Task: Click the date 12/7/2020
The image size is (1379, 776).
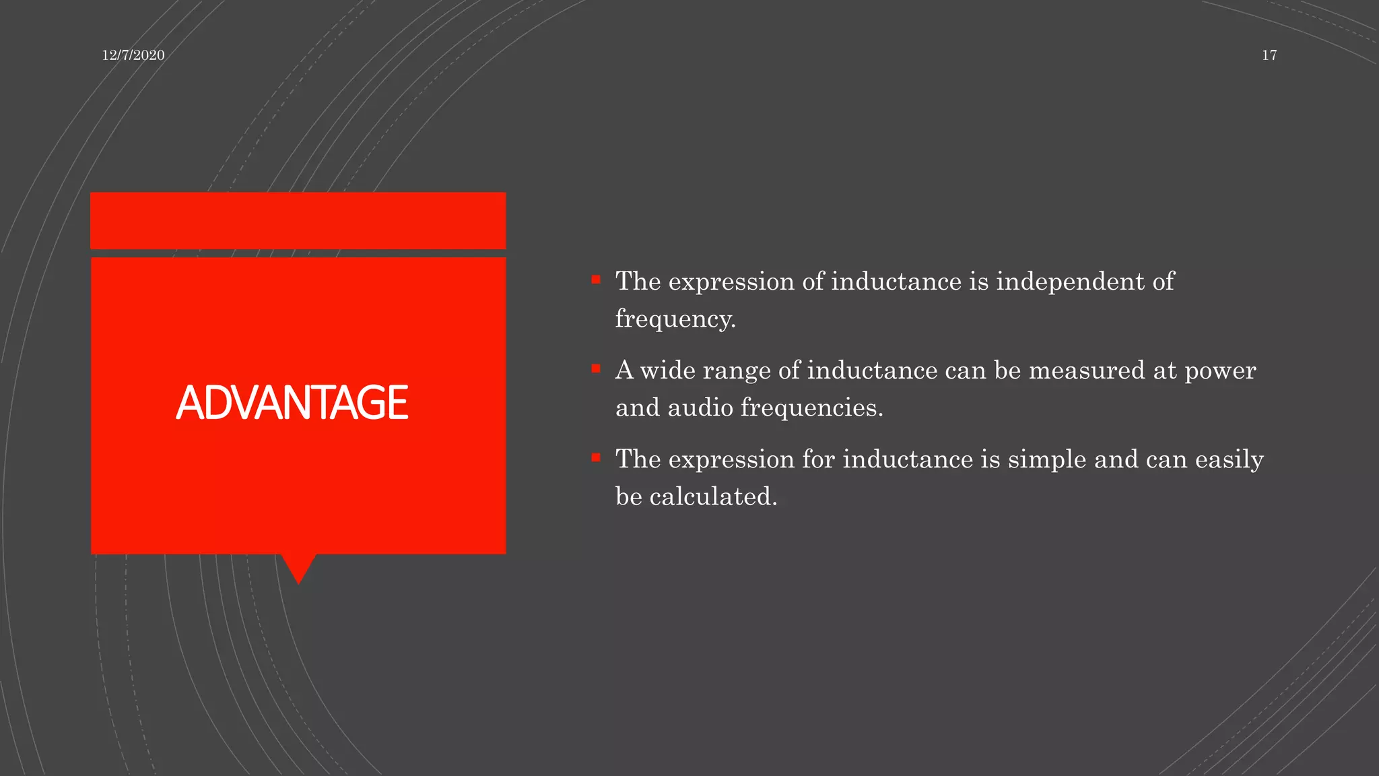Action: [133, 55]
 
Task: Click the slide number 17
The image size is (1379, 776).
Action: [1269, 55]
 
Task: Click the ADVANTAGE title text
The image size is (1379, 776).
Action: [292, 403]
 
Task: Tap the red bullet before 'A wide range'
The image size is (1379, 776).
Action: [596, 368]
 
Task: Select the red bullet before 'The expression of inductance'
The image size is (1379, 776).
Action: [596, 279]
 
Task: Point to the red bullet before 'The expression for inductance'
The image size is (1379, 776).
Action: [596, 457]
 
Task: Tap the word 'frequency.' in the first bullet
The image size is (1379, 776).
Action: [675, 319]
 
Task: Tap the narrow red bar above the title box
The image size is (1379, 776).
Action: [298, 220]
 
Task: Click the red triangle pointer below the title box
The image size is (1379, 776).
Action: [298, 567]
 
